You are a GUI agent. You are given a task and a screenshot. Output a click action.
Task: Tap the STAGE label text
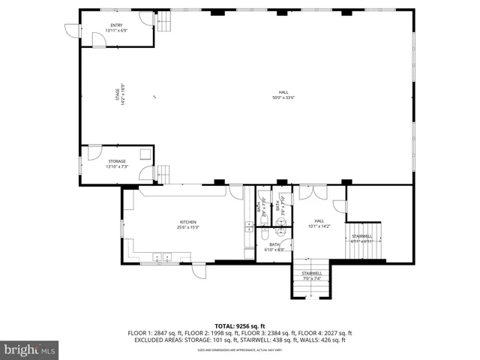click(118, 96)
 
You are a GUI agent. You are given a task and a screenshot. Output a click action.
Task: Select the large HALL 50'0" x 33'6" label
click(283, 94)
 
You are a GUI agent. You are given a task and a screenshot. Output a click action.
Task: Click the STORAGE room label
click(116, 163)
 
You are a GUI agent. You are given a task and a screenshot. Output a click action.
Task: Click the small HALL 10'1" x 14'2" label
click(319, 223)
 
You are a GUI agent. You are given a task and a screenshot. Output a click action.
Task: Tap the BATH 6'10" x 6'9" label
click(274, 246)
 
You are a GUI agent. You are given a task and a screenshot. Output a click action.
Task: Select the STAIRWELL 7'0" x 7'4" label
click(312, 276)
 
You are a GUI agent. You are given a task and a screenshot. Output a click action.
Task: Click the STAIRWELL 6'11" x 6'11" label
click(361, 238)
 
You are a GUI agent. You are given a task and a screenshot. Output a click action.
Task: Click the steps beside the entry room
click(164, 22)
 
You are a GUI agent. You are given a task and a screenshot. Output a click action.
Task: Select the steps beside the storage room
click(164, 174)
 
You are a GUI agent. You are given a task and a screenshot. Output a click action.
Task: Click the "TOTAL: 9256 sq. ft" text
click(239, 325)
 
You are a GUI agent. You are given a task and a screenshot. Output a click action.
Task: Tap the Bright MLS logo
click(30, 349)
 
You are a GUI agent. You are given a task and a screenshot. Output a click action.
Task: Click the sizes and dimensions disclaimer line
click(239, 349)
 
